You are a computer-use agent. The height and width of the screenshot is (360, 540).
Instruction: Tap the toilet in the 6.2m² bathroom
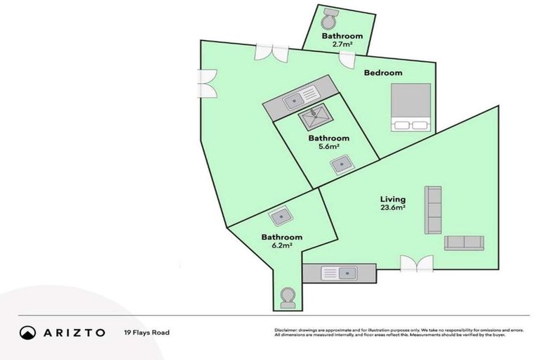pos(287,298)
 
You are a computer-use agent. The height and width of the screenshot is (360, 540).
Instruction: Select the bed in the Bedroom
pos(411,107)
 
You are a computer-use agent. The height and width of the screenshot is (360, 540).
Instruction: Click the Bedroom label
pos(382,73)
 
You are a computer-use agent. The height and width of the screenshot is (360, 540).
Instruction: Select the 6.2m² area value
pos(281,247)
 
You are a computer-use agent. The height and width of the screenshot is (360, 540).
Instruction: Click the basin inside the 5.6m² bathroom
pos(342,165)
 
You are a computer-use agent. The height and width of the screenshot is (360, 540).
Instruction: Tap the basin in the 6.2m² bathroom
pos(281,214)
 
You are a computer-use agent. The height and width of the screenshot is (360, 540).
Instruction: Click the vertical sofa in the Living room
pos(433,210)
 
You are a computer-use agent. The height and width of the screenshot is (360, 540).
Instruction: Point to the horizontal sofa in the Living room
pos(463,243)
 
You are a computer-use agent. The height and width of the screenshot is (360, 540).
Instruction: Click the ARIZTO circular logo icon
pos(28,333)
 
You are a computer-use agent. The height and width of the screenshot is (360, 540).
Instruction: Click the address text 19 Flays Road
pos(146,333)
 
